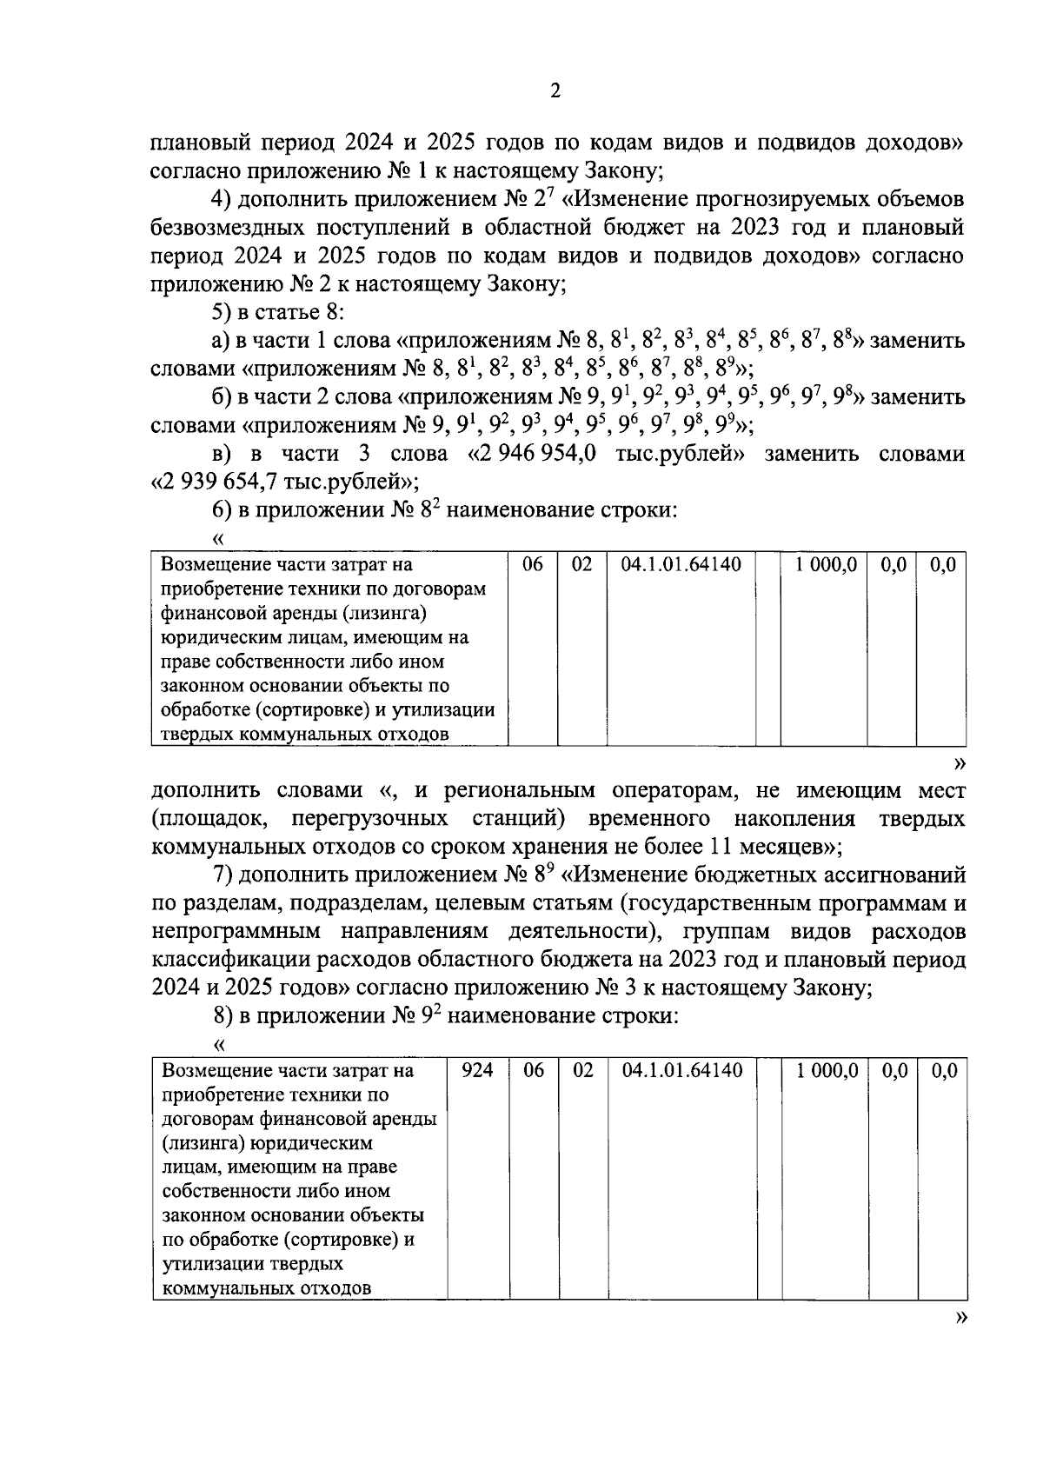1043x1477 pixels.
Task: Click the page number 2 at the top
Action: (x=555, y=91)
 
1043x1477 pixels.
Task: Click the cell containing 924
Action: (x=476, y=1070)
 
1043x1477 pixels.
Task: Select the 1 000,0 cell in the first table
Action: (x=825, y=564)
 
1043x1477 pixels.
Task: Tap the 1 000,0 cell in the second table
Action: (x=827, y=1070)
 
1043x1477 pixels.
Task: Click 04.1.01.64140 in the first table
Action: (x=681, y=564)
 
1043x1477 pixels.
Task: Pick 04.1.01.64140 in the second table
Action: (x=682, y=1070)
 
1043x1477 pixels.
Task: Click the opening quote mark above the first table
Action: (x=219, y=540)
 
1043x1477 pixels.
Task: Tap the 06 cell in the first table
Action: (x=532, y=564)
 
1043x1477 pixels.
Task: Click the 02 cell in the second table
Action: (x=582, y=1070)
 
